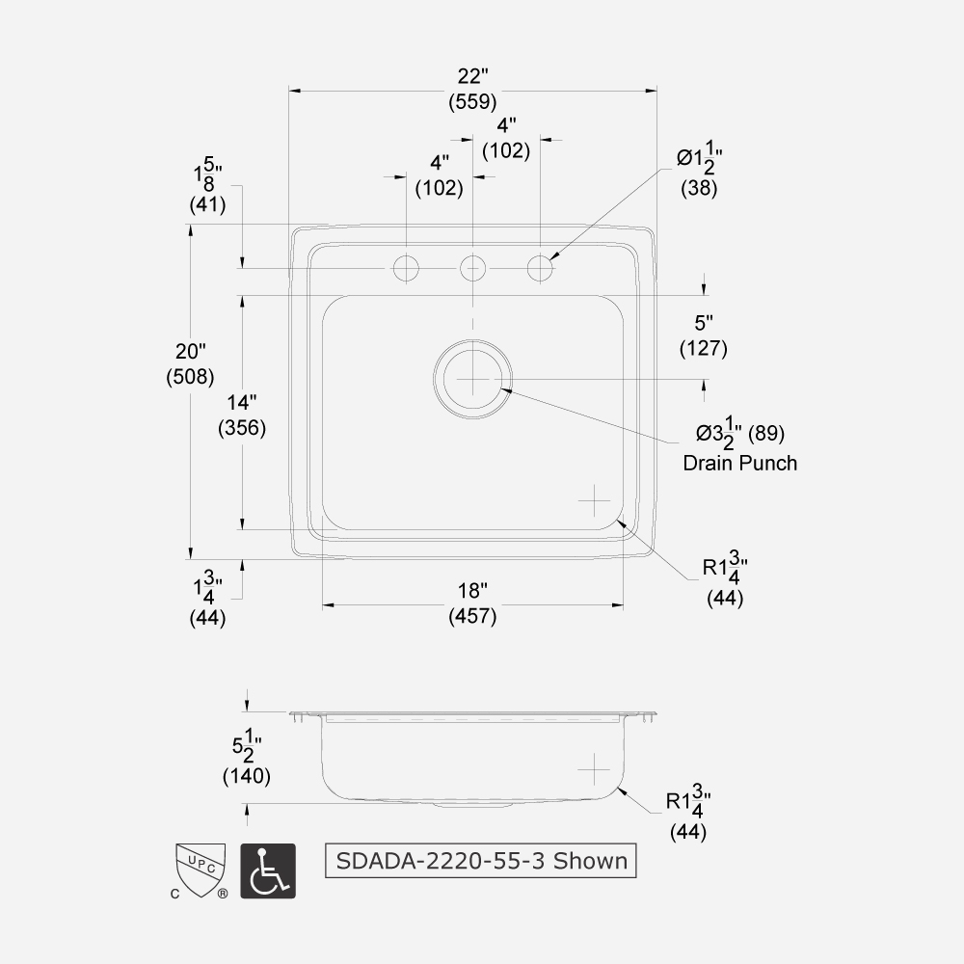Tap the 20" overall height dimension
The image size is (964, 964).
tap(190, 352)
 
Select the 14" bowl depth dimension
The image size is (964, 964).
tap(241, 403)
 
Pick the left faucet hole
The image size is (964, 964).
tap(407, 268)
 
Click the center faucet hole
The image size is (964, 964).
tap(472, 268)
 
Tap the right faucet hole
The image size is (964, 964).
tap(540, 268)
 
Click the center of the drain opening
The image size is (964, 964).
tap(472, 379)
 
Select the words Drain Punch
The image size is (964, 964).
tap(739, 463)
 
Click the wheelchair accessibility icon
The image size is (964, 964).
tap(267, 871)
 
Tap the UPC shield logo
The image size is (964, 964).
tap(200, 866)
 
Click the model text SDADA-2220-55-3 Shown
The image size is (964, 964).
tap(481, 860)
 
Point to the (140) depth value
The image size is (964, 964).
tap(246, 775)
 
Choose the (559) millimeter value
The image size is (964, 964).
tap(472, 101)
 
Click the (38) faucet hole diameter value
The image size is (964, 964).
tap(699, 189)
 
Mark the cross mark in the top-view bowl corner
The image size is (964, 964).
tap(595, 499)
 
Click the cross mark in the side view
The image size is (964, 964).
tap(595, 769)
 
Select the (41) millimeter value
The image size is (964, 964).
tap(207, 204)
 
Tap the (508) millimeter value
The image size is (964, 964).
tap(190, 376)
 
